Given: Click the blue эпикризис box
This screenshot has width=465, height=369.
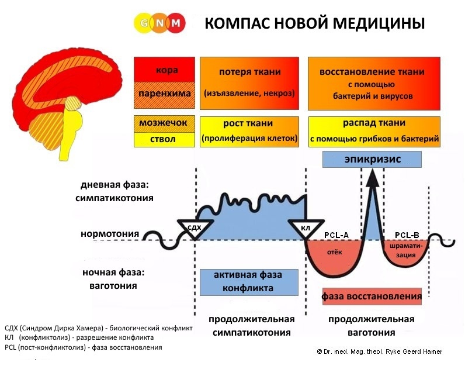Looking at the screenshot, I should (372, 158).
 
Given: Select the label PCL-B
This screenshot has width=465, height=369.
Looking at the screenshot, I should (407, 234).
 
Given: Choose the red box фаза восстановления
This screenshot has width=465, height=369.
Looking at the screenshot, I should (372, 296).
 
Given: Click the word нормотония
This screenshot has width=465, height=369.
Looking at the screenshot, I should (110, 234).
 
